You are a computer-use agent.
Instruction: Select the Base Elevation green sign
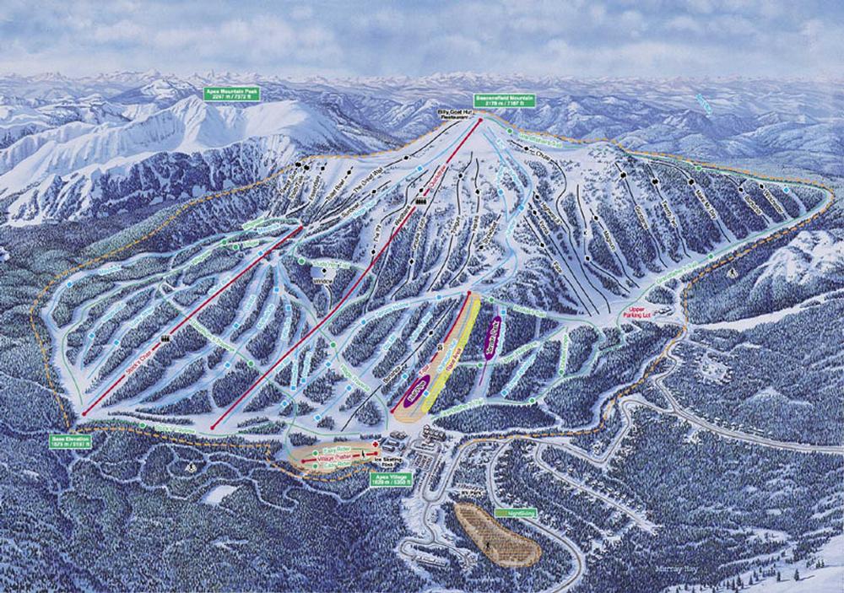[69, 442]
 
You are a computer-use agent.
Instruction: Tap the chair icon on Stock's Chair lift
[165, 339]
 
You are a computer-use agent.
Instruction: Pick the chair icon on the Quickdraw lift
[421, 202]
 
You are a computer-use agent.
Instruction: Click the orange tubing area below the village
[496, 533]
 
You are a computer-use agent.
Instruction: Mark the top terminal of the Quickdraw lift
[480, 120]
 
